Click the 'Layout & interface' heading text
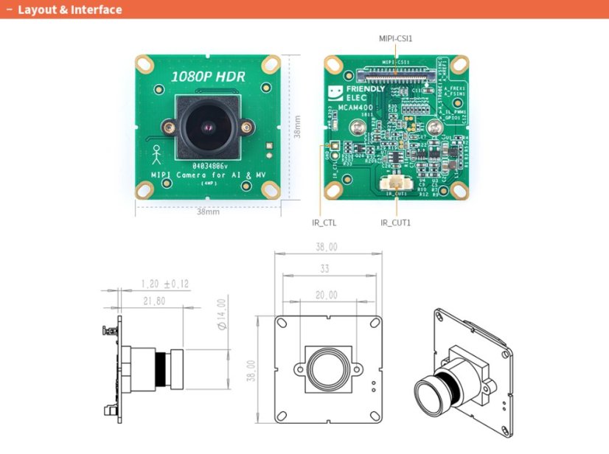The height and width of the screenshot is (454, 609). click(x=69, y=10)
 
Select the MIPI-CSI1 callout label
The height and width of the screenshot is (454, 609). click(x=395, y=36)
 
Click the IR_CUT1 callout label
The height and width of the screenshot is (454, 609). click(x=396, y=222)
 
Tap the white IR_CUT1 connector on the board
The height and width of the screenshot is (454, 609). click(x=395, y=185)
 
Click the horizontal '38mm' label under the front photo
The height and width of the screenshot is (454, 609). click(x=208, y=212)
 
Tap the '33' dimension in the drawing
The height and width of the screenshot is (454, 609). click(x=324, y=269)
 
